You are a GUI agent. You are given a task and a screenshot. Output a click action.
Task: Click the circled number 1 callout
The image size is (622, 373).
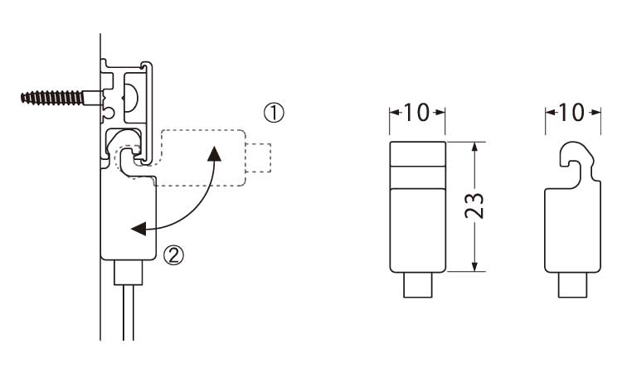click(275, 113)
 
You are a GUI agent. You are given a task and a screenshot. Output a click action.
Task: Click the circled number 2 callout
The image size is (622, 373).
click(174, 254)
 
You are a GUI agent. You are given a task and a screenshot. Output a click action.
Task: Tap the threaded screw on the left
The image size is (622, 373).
click(52, 98)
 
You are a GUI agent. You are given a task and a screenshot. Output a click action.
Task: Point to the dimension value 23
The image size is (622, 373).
click(474, 206)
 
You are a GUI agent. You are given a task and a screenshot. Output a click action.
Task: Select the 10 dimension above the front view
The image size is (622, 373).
click(416, 112)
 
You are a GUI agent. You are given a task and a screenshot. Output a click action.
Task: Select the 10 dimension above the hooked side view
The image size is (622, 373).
click(571, 113)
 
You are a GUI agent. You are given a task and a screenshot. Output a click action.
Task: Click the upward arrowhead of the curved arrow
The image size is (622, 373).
click(215, 154)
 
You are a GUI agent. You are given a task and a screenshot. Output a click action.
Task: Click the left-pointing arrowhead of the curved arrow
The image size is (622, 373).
click(138, 229)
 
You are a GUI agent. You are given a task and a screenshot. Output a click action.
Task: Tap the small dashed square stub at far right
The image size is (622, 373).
click(258, 157)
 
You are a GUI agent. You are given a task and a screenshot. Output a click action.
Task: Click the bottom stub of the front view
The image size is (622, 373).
click(418, 285)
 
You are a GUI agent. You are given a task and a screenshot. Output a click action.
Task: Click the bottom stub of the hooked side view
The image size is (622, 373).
click(572, 285)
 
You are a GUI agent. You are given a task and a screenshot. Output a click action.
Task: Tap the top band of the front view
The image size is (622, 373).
click(418, 153)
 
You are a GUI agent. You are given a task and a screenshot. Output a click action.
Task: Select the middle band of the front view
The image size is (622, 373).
click(418, 177)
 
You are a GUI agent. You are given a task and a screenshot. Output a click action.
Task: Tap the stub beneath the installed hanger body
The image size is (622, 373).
click(128, 273)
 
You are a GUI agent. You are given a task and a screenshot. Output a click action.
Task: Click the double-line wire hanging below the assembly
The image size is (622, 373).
click(128, 312)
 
